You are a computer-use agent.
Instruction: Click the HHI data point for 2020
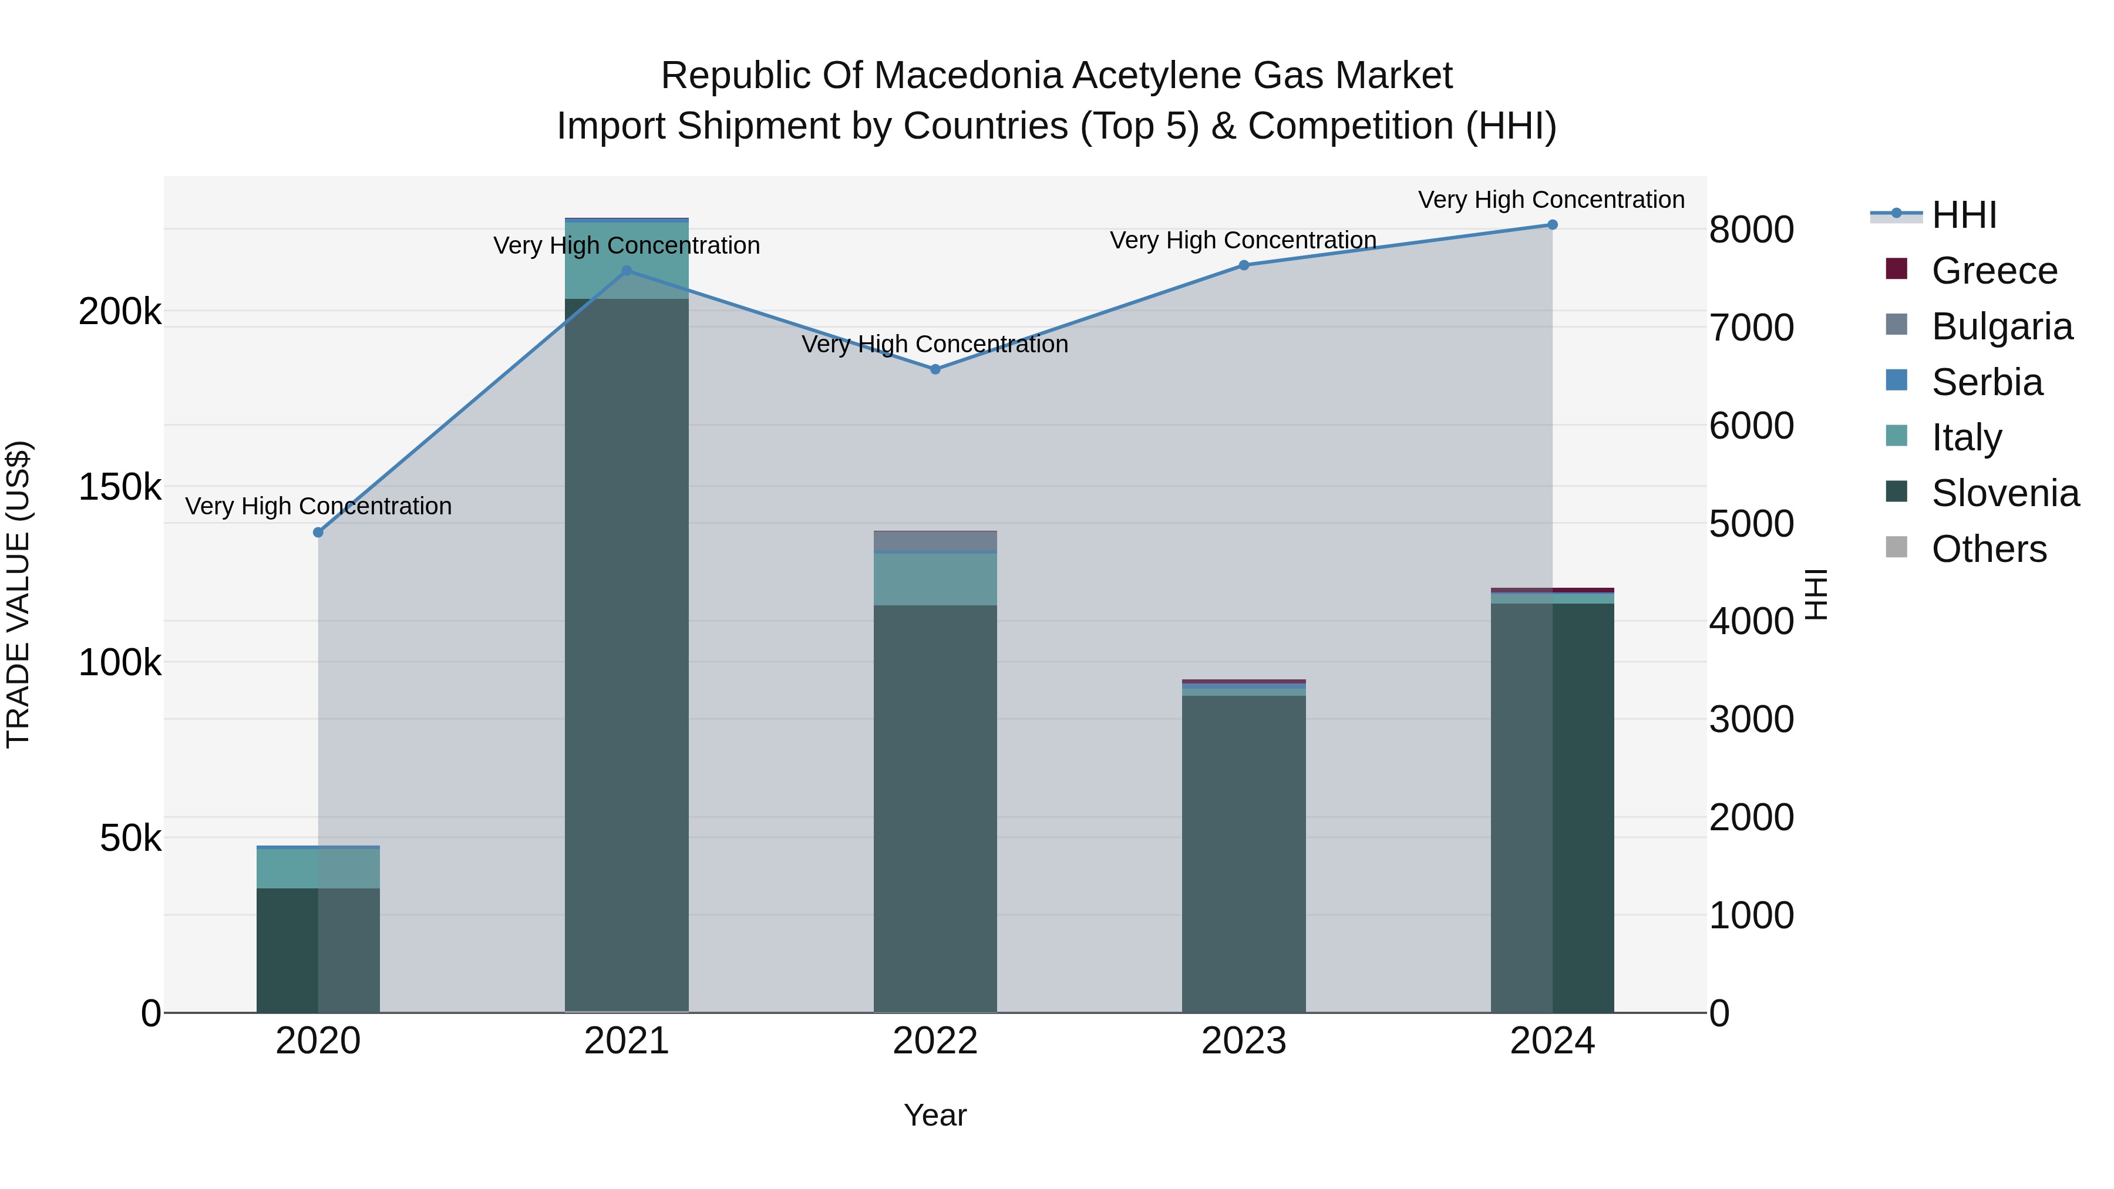click(x=318, y=533)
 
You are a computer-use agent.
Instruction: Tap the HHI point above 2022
click(x=935, y=369)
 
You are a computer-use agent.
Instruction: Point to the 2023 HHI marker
click(x=1243, y=265)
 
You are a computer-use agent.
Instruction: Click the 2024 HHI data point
click(x=1552, y=225)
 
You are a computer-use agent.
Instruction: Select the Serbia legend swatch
click(x=1897, y=380)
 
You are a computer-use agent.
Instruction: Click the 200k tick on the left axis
click(x=120, y=312)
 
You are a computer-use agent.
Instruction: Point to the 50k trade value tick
click(x=130, y=838)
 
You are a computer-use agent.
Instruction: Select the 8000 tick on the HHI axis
click(x=1751, y=230)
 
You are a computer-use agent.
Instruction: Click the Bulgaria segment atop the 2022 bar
click(x=935, y=541)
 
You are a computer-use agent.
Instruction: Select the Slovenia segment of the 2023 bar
click(x=1243, y=853)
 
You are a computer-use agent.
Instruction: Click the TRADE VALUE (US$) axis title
click(x=18, y=594)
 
